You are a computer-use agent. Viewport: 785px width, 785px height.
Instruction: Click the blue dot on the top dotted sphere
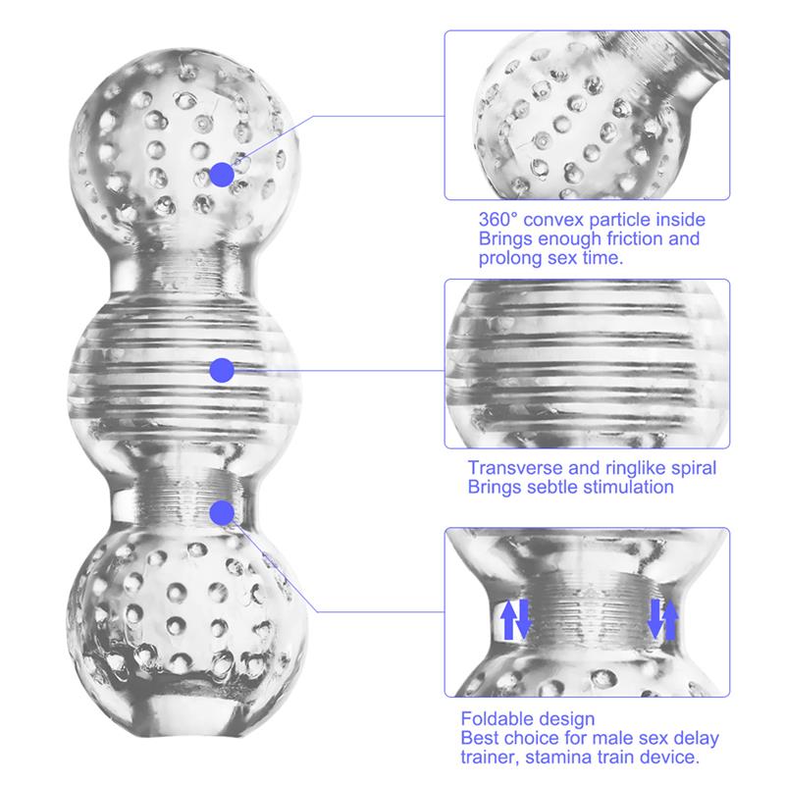(222, 175)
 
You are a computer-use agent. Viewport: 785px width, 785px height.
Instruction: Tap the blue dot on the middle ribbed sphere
(222, 370)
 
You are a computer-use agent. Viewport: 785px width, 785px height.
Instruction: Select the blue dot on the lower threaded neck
(222, 511)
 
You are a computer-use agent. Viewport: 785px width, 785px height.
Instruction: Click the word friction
(630, 239)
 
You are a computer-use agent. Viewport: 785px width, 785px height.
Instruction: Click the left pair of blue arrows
(516, 619)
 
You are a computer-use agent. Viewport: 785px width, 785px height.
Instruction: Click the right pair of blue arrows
(661, 619)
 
